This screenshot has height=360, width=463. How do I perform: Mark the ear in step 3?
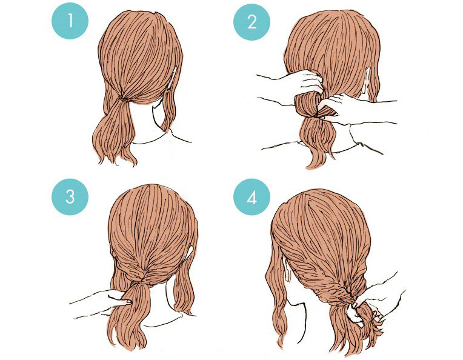[x=193, y=252]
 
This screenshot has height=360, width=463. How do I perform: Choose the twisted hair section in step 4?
[x=336, y=285]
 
